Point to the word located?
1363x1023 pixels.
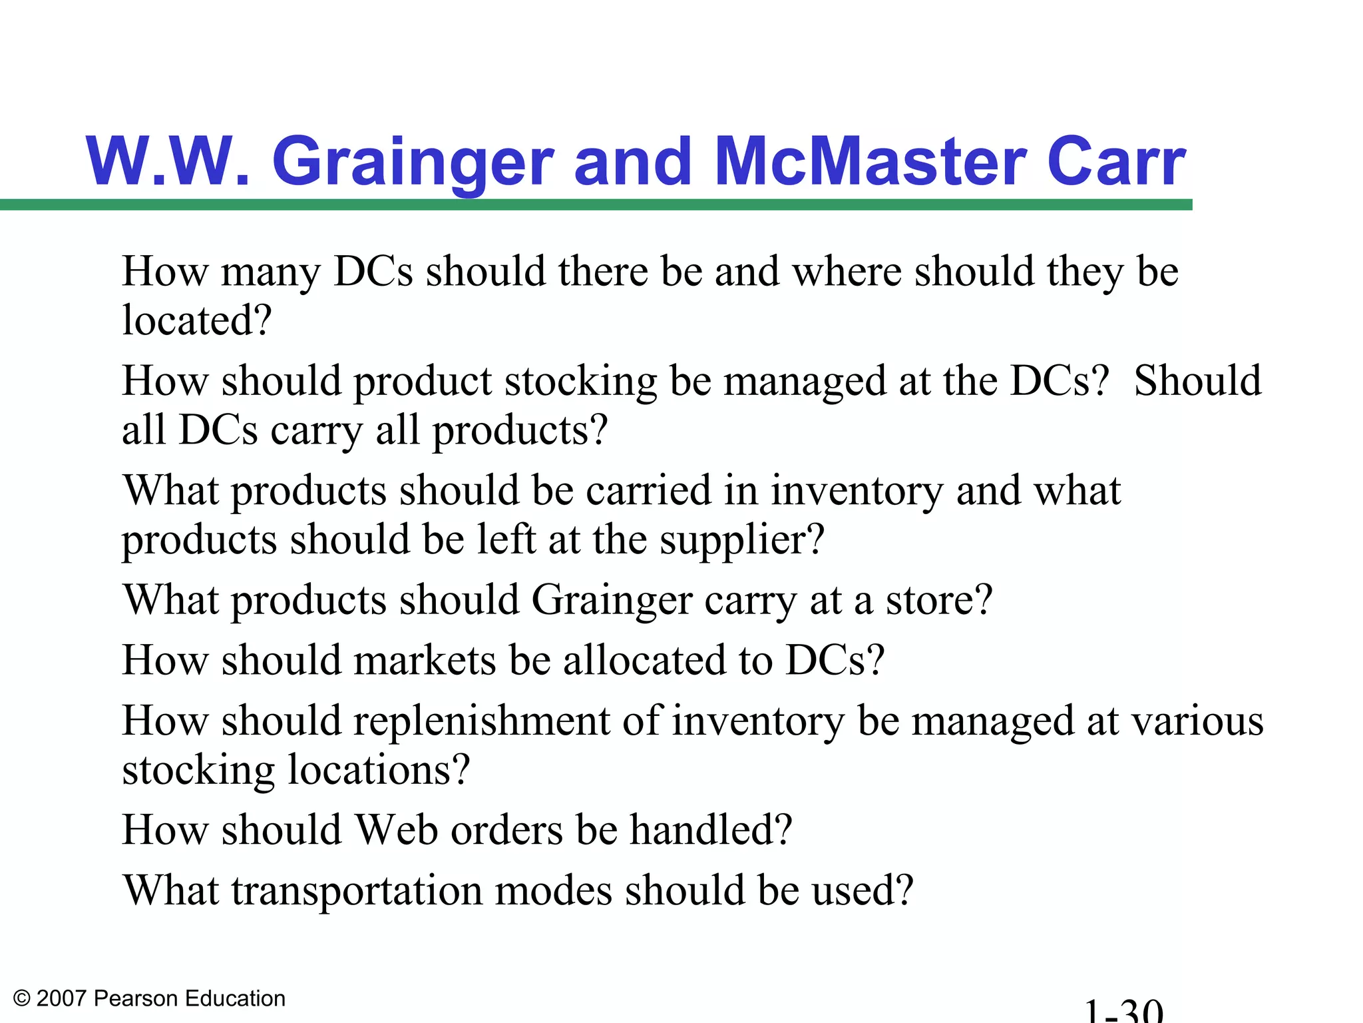[x=197, y=320]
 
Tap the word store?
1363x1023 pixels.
[x=939, y=600]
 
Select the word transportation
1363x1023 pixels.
[x=357, y=891]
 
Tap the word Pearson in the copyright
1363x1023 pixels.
[x=137, y=998]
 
